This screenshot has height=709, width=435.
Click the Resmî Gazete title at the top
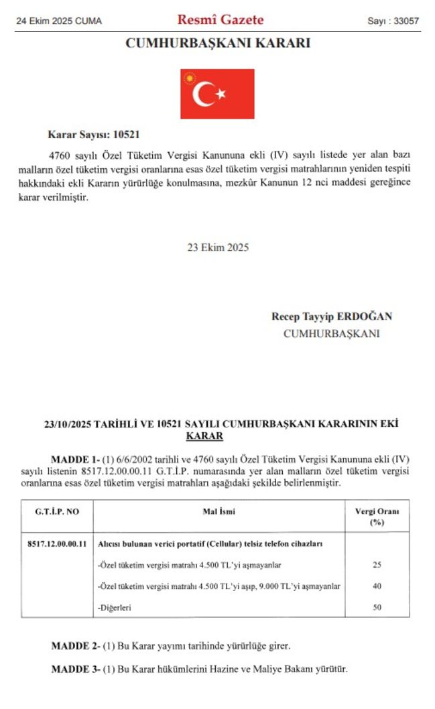point(220,20)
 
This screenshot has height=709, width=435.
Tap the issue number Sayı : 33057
point(393,21)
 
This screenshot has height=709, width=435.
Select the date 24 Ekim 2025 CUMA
point(59,21)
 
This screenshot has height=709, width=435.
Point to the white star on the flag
point(221,93)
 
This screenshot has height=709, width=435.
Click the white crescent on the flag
point(203,94)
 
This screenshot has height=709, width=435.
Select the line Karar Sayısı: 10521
point(94,134)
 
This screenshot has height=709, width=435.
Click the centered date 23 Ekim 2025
point(218,247)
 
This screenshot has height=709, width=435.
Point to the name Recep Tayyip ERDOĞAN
point(331,316)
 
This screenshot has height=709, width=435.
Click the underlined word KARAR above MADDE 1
point(204,436)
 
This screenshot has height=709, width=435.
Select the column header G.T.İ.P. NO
point(57,511)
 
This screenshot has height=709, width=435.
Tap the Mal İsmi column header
point(219,511)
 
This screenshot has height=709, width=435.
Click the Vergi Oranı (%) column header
point(376,515)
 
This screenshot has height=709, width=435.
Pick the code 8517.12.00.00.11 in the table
point(56,544)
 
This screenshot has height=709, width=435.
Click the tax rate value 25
point(376,565)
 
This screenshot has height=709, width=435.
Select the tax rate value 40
point(376,586)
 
